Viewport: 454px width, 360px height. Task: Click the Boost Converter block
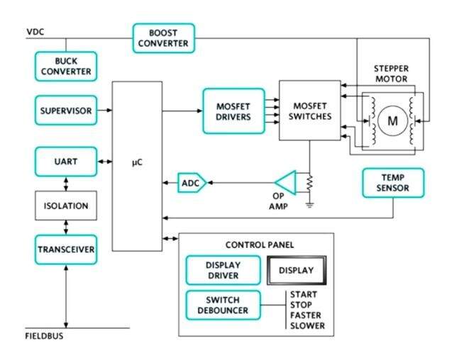click(x=164, y=38)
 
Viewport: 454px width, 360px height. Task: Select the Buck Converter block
click(x=66, y=66)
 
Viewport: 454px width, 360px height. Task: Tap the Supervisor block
click(x=66, y=111)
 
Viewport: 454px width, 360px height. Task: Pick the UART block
click(x=66, y=162)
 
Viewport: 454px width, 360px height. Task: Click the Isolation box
click(x=66, y=206)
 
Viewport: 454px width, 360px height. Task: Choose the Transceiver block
click(x=66, y=249)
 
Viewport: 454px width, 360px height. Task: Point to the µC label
click(x=137, y=162)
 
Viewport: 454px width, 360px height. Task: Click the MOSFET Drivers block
click(x=233, y=111)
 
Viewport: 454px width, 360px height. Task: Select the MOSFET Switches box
click(x=310, y=111)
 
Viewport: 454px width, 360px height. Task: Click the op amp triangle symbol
click(x=285, y=183)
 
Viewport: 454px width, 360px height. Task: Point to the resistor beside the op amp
click(x=310, y=182)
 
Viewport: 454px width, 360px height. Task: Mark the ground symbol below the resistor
click(x=310, y=206)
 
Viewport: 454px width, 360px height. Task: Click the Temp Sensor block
click(x=393, y=183)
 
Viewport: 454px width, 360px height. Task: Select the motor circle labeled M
click(x=392, y=121)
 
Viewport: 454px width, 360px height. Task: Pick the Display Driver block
click(x=223, y=271)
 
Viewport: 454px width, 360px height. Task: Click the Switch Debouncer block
click(x=223, y=305)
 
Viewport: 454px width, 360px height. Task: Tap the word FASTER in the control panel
click(x=306, y=315)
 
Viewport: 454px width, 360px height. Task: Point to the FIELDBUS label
click(x=44, y=336)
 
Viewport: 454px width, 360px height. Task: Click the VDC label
click(x=35, y=32)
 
